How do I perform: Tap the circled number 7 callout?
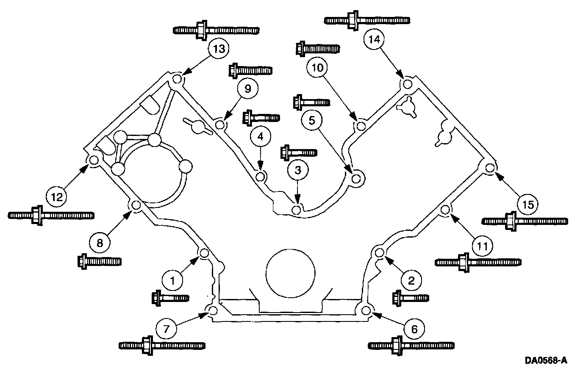pos(166,329)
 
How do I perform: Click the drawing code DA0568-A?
pos(546,360)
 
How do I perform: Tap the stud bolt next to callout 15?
pos(525,221)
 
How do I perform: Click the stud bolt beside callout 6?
pos(411,345)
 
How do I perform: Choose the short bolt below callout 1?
pos(170,298)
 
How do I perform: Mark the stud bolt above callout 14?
pos(366,20)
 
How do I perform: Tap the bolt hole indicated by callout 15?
pos(490,168)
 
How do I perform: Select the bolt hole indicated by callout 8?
pos(136,205)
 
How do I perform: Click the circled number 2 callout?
pos(411,280)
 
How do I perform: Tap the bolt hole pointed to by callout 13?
pos(178,79)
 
